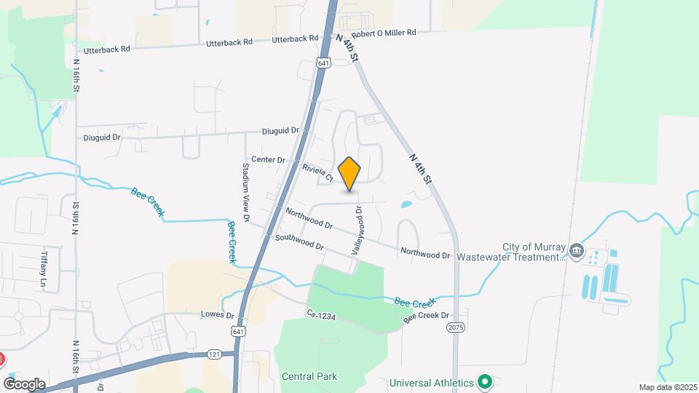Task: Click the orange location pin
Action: [349, 173]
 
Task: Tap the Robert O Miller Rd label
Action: [383, 33]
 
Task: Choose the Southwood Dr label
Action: [299, 242]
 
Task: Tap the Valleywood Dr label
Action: [358, 229]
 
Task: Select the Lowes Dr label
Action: [217, 315]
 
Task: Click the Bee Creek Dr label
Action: [427, 317]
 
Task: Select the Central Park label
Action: [309, 376]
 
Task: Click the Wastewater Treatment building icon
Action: [576, 251]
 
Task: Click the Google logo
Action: [24, 383]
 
